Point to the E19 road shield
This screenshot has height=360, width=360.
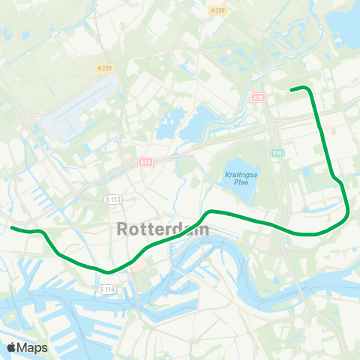tap(277, 153)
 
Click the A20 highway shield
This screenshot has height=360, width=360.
tap(145, 160)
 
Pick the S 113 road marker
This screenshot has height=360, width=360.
tap(112, 199)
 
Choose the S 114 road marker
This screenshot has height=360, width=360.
tap(106, 289)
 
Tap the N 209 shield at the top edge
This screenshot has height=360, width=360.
tap(218, 10)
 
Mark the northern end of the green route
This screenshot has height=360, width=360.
tap(292, 89)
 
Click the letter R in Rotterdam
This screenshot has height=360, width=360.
tap(124, 229)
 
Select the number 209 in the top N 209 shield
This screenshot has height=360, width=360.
tap(221, 10)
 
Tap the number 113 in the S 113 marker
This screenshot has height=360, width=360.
tap(115, 199)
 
